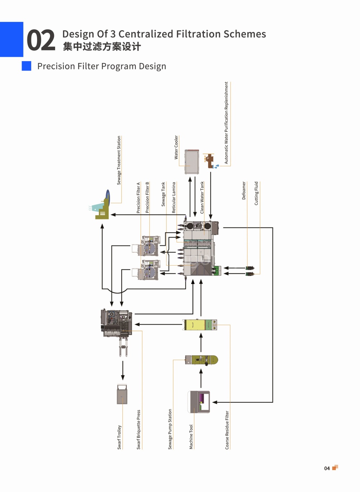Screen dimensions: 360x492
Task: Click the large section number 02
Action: click(41, 40)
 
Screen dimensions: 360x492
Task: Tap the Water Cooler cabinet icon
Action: click(192, 162)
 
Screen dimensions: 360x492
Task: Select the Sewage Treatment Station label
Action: click(119, 160)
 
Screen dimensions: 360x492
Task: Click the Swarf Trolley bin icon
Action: click(122, 394)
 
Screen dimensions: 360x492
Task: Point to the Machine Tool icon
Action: click(199, 402)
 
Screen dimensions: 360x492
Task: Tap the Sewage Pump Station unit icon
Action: click(201, 360)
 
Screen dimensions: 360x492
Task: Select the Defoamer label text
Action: click(244, 190)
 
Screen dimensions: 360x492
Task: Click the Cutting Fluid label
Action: click(256, 193)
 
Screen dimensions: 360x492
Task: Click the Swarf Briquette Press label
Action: click(138, 430)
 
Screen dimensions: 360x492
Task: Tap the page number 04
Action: click(327, 468)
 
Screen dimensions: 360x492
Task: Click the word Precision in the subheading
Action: click(56, 66)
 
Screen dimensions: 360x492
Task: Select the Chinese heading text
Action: click(102, 46)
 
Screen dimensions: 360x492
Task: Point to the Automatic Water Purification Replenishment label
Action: click(226, 123)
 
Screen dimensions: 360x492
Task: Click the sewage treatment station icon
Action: click(102, 205)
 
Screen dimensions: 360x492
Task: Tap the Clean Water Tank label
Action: click(202, 198)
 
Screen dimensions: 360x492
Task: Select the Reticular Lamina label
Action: click(174, 198)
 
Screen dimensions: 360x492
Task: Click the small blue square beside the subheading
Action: click(26, 66)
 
